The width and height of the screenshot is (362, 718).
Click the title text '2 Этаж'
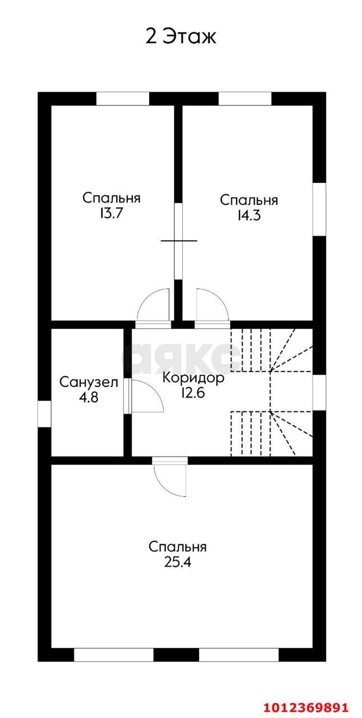[180, 37]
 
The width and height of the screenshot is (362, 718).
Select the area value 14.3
[248, 216]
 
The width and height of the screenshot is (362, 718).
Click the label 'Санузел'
[89, 383]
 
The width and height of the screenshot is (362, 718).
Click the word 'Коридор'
[193, 378]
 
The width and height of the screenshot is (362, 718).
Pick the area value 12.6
[193, 393]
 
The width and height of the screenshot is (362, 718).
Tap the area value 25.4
[178, 562]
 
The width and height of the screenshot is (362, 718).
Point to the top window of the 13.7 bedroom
[123, 99]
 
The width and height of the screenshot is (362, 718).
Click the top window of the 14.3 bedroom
[244, 99]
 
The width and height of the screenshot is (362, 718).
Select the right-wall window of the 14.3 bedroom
[319, 209]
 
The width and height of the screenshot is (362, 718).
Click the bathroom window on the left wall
[44, 415]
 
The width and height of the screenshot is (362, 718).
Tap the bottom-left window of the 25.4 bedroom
[113, 655]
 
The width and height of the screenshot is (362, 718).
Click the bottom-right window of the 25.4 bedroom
[239, 655]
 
